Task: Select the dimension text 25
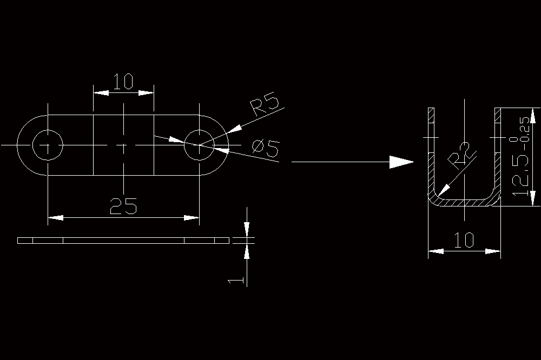pos(123,206)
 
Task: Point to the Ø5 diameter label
pos(265,148)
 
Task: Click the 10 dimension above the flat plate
pos(123,82)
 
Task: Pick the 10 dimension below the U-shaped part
pos(464,240)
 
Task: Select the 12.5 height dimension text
pos(520,175)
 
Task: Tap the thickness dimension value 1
pos(236,281)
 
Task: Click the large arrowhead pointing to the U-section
pos(401,162)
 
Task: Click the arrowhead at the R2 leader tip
pos(444,190)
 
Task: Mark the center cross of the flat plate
pos(123,145)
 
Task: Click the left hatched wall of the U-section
pos(431,152)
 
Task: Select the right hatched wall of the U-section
pos(498,152)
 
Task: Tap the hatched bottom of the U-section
pos(464,203)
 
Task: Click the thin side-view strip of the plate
pos(123,241)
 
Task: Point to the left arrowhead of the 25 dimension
pos(56,218)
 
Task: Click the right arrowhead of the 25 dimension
pos(192,218)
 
